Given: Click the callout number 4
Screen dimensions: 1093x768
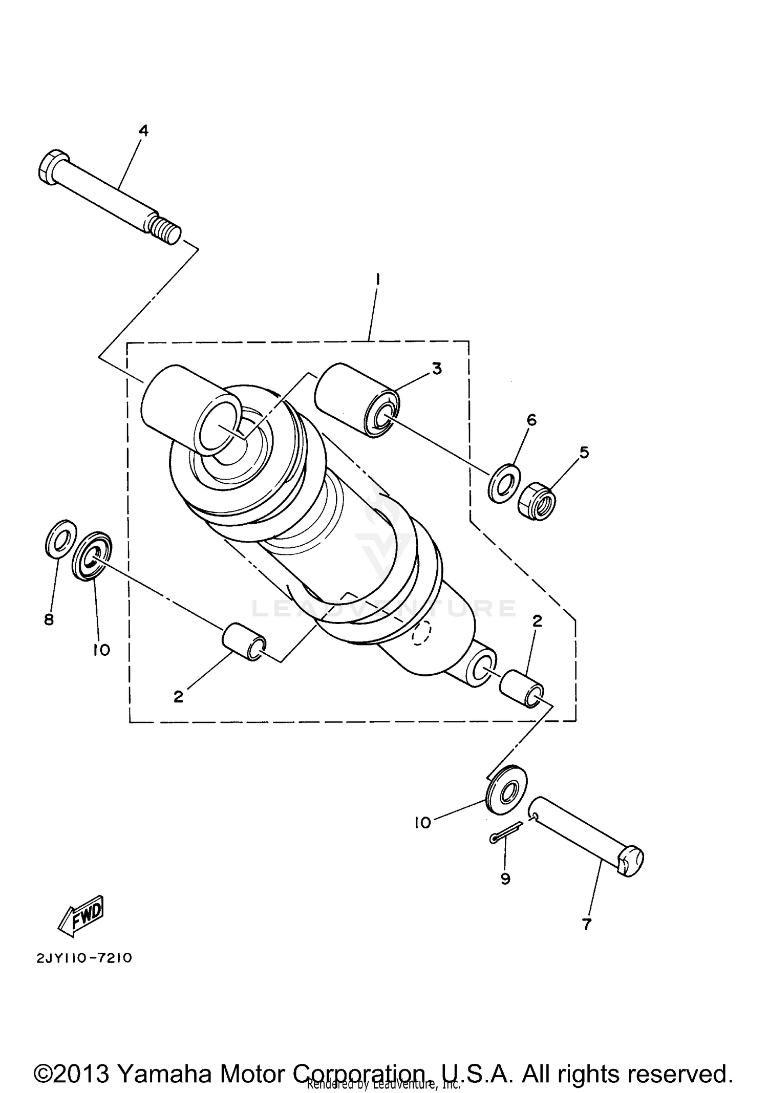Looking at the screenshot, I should [x=143, y=131].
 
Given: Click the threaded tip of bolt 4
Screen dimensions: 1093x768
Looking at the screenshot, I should [x=166, y=230].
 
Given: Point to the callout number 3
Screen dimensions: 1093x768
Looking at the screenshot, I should [x=436, y=368].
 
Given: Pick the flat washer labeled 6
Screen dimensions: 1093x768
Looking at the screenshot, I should [x=504, y=483].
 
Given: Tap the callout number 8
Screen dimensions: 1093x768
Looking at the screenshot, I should [x=49, y=620].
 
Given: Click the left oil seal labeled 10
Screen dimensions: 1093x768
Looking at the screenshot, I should [x=92, y=556].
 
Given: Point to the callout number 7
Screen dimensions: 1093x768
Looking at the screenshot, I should [x=587, y=924].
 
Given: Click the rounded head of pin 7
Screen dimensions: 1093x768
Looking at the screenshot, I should [x=631, y=863].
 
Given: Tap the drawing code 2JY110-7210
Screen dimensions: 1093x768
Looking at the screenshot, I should [x=84, y=957].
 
